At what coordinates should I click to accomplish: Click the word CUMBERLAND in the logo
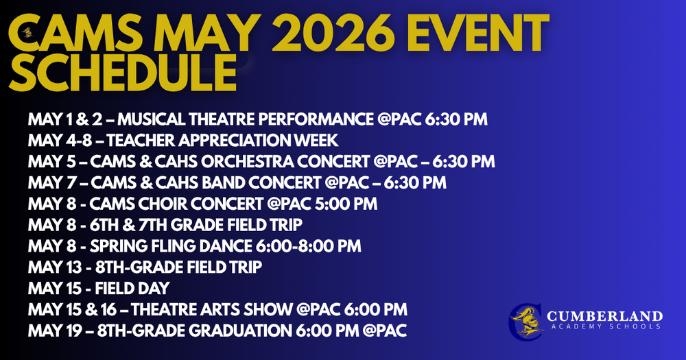click(604, 316)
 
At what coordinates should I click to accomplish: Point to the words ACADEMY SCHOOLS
click(604, 327)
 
